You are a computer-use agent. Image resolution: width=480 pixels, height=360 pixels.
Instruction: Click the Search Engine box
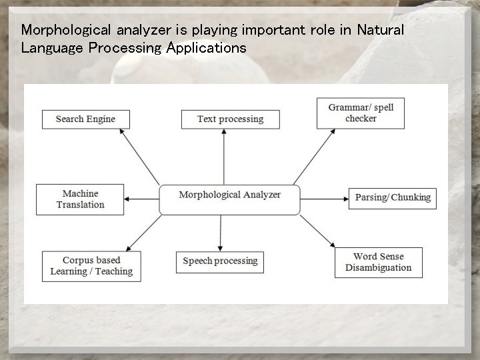(x=85, y=119)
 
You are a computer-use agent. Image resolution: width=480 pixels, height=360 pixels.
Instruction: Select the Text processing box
(x=230, y=119)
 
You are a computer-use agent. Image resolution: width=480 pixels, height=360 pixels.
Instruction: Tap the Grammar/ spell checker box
(x=361, y=113)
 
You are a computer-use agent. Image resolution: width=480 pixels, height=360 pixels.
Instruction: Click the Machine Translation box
(x=80, y=199)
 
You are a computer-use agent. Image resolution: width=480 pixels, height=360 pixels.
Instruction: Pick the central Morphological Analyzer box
(x=229, y=199)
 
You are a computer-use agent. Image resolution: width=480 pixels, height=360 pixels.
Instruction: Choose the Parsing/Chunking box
(x=392, y=198)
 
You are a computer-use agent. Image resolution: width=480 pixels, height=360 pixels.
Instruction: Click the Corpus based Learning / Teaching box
(x=91, y=266)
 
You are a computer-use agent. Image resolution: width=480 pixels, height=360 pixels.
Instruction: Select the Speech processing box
(x=219, y=261)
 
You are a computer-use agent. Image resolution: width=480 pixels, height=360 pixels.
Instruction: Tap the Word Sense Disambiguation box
(x=378, y=262)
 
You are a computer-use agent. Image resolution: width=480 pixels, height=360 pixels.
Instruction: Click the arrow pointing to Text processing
(x=224, y=157)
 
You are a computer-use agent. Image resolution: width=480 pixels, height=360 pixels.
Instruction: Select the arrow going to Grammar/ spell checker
(x=313, y=157)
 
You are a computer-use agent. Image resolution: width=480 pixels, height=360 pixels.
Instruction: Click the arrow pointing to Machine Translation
(x=142, y=199)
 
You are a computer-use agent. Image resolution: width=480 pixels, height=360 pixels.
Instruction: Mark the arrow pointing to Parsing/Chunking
(x=324, y=199)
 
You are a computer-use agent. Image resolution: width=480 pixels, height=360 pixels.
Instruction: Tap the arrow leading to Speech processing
(x=219, y=233)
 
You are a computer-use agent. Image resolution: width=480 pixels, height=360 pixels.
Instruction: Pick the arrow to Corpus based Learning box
(x=143, y=233)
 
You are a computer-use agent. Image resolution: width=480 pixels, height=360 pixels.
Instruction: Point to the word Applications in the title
(x=206, y=49)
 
